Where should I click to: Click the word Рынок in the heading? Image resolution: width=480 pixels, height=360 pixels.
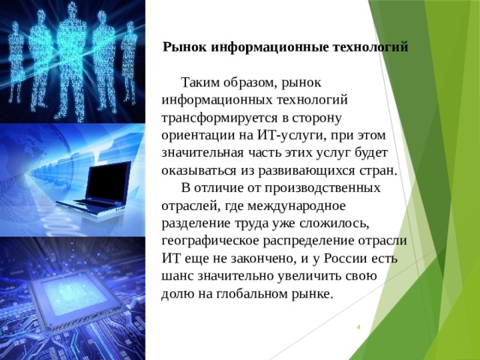184,46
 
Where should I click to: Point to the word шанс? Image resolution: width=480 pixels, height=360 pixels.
177,277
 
